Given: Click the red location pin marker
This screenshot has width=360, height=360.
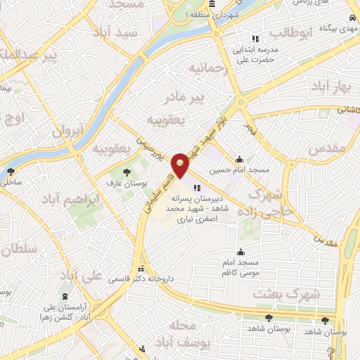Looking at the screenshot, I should pyautogui.click(x=182, y=166).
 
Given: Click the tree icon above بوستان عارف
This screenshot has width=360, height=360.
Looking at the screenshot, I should pyautogui.click(x=127, y=172).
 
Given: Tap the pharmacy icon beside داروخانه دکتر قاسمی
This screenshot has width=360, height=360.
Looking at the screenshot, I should pyautogui.click(x=141, y=268).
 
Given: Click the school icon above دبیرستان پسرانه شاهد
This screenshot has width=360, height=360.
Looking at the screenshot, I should pyautogui.click(x=195, y=188).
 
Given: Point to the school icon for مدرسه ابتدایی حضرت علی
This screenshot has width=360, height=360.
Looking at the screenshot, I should pyautogui.click(x=255, y=38).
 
